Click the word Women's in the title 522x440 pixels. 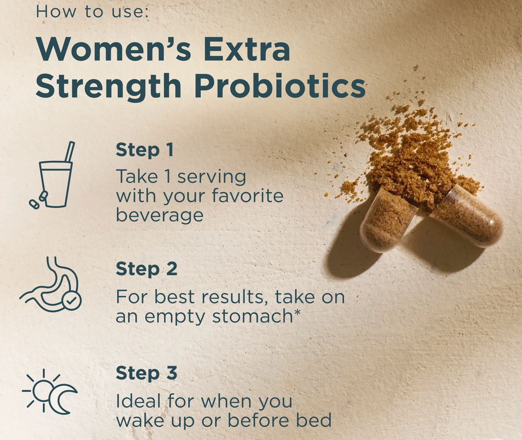114,49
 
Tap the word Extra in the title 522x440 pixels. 247,49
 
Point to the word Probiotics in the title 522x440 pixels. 280,85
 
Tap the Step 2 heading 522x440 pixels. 147,268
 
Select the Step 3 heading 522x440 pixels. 147,373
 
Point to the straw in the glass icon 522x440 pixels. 70,152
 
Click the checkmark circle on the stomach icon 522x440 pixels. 71,301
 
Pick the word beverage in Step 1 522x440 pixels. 160,215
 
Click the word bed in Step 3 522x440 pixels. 314,420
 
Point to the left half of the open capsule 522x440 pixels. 388,221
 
